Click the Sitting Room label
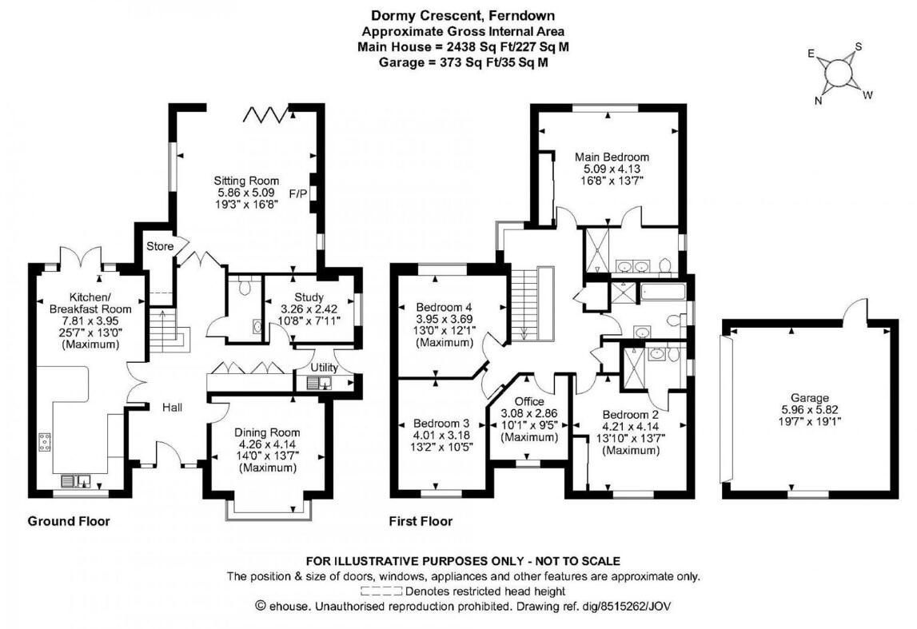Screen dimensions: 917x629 246,181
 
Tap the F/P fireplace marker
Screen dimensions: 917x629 297,193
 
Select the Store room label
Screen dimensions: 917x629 160,246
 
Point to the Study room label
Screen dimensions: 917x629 309,297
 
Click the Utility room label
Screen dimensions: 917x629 324,368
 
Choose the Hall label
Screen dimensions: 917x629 173,408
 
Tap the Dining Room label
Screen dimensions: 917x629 267,432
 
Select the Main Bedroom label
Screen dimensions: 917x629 612,157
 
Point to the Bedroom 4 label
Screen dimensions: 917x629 444,307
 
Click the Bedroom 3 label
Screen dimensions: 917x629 441,423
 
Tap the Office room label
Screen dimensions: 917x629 529,401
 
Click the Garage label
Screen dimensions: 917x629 810,397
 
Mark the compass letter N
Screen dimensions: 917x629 818,101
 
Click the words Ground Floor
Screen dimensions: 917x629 69,521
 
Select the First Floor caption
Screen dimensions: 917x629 421,521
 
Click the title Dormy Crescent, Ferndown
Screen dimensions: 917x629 463,15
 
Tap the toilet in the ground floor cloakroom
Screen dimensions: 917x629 245,286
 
